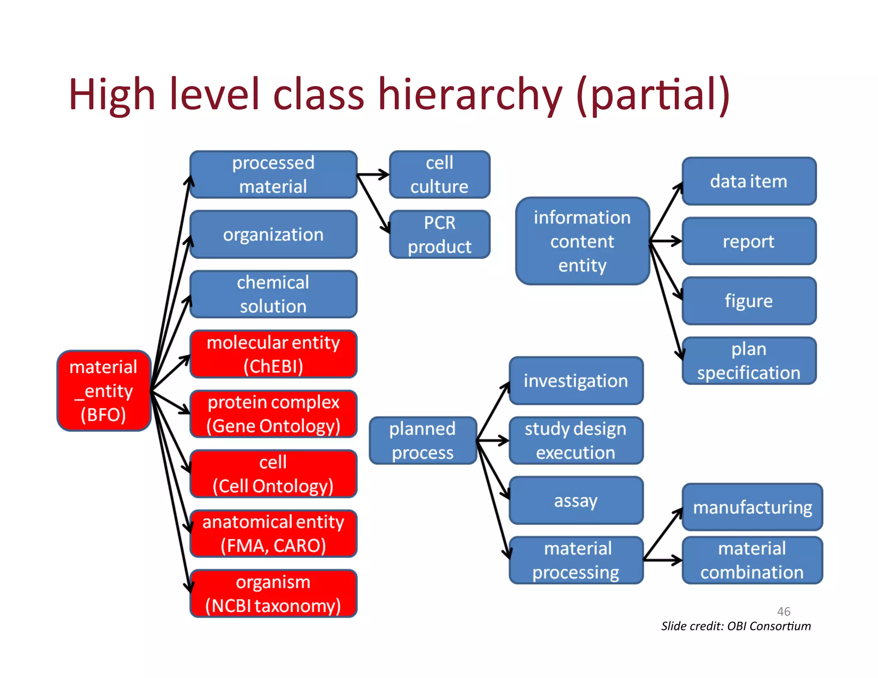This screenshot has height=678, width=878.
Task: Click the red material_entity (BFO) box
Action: pyautogui.click(x=104, y=390)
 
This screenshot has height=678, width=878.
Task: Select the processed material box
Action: pyautogui.click(x=273, y=174)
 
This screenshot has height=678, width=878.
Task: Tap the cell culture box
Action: pyautogui.click(x=439, y=174)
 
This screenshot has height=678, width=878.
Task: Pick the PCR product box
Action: pyautogui.click(x=439, y=234)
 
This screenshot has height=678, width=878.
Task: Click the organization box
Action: pyautogui.click(x=273, y=234)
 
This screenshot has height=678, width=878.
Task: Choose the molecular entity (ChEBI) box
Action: pyautogui.click(x=273, y=354)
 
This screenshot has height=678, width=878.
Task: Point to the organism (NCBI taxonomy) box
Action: pyautogui.click(x=273, y=594)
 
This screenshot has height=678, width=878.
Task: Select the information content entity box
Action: pyautogui.click(x=582, y=241)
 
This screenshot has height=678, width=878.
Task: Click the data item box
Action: pyautogui.click(x=749, y=181)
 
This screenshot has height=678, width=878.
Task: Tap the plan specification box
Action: pyautogui.click(x=749, y=361)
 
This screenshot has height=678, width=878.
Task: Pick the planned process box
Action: pyautogui.click(x=423, y=441)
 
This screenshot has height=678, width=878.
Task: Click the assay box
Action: pyautogui.click(x=576, y=500)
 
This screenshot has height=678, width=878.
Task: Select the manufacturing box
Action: pyautogui.click(x=752, y=507)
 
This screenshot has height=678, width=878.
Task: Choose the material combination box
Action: pyautogui.click(x=752, y=560)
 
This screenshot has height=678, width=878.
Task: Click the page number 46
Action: pyautogui.click(x=784, y=612)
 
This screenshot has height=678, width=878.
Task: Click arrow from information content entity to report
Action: pyautogui.click(x=666, y=241)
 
